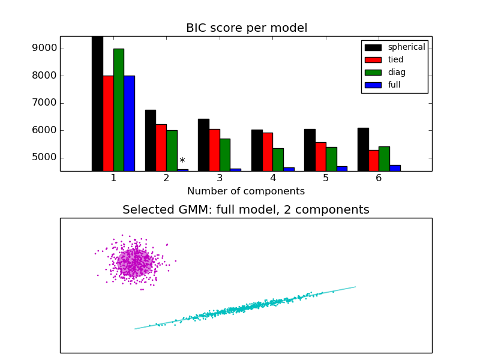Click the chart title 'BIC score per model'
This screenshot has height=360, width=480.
pyautogui.click(x=246, y=28)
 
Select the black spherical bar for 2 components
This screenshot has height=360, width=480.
pyautogui.click(x=150, y=140)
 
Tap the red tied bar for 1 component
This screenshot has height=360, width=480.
pyautogui.click(x=108, y=123)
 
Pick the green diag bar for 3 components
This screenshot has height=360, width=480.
pyautogui.click(x=224, y=155)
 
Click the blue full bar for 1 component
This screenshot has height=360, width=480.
pyautogui.click(x=129, y=123)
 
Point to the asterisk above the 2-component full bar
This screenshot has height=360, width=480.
pyautogui.click(x=182, y=161)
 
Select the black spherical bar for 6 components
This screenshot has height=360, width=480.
pyautogui.click(x=362, y=149)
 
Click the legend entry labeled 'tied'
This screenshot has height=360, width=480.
pyautogui.click(x=395, y=60)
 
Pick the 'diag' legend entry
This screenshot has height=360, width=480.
pyautogui.click(x=396, y=73)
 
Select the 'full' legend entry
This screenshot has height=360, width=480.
pyautogui.click(x=394, y=85)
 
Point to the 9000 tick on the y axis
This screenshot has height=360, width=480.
pyautogui.click(x=45, y=49)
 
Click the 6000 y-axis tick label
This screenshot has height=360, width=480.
pyautogui.click(x=45, y=130)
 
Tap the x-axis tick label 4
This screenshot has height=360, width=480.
pyautogui.click(x=272, y=178)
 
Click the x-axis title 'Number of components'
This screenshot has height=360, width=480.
pyautogui.click(x=246, y=191)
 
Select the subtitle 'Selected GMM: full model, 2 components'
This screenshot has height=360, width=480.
pyautogui.click(x=246, y=210)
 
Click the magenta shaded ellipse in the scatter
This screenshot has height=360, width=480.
pyautogui.click(x=134, y=263)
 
